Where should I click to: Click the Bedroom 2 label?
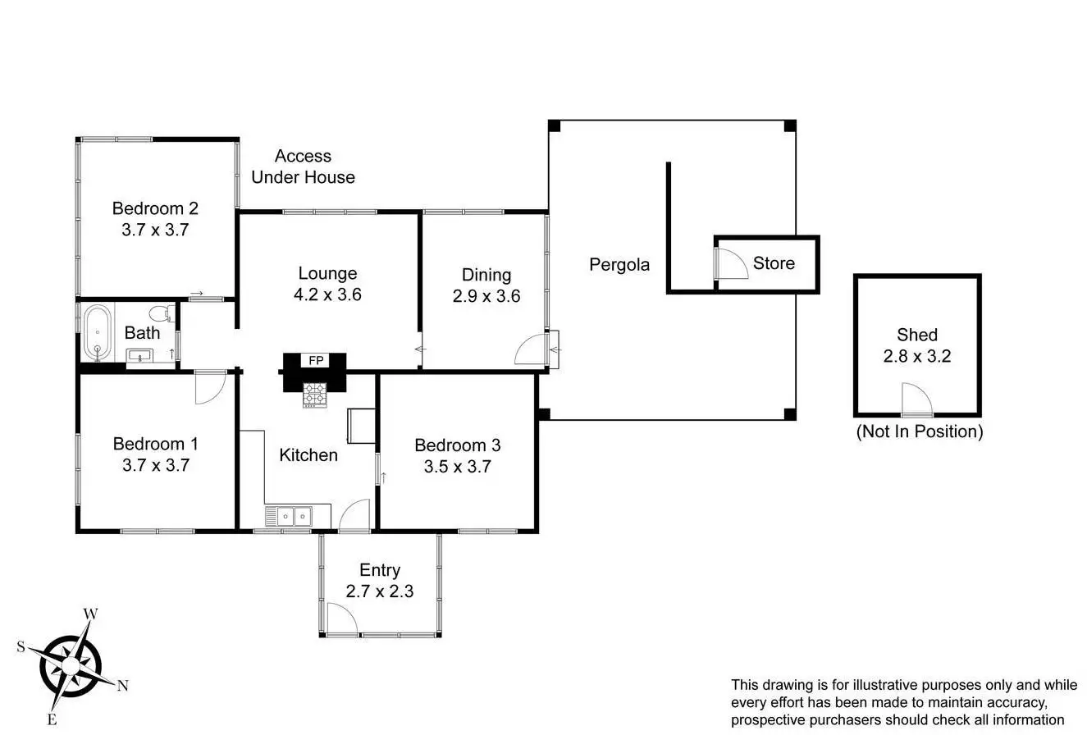point(155,208)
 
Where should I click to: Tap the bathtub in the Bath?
point(98,332)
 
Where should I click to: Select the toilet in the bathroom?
point(161,313)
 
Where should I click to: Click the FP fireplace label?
point(315,361)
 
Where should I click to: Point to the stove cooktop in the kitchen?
point(315,395)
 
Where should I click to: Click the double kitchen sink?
point(289,516)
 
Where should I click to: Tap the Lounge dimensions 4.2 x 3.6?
point(327,295)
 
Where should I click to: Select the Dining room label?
point(486,275)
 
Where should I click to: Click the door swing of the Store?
point(731,264)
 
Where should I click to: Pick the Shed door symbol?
point(916,399)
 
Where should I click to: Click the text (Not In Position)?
point(919,431)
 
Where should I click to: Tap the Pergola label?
point(619,264)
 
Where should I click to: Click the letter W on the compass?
point(92,614)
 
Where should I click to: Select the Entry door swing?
point(341,619)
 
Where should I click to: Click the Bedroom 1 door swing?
point(210,387)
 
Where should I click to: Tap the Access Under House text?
point(303,167)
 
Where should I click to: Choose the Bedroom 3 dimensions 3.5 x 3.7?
point(457,467)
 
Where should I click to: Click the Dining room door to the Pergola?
point(531,349)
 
